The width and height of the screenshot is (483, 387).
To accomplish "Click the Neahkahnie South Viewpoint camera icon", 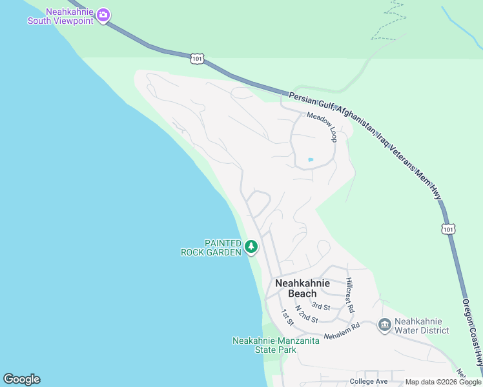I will click(x=103, y=14).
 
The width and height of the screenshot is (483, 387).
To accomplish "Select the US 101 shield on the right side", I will click(x=449, y=229).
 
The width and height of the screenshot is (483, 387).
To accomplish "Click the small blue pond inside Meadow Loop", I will click(x=311, y=159).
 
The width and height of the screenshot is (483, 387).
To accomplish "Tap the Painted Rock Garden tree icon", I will click(x=251, y=246).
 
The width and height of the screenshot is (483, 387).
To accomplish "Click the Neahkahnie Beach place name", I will click(x=302, y=288).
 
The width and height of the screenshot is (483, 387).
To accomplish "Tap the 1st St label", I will click(x=287, y=317).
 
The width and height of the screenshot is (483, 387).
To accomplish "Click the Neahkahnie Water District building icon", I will click(x=384, y=324).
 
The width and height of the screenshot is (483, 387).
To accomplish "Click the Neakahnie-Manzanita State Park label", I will click(x=276, y=345).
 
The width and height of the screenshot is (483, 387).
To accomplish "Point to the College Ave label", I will click(x=369, y=381).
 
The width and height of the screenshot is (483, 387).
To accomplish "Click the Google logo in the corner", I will click(x=21, y=379).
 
